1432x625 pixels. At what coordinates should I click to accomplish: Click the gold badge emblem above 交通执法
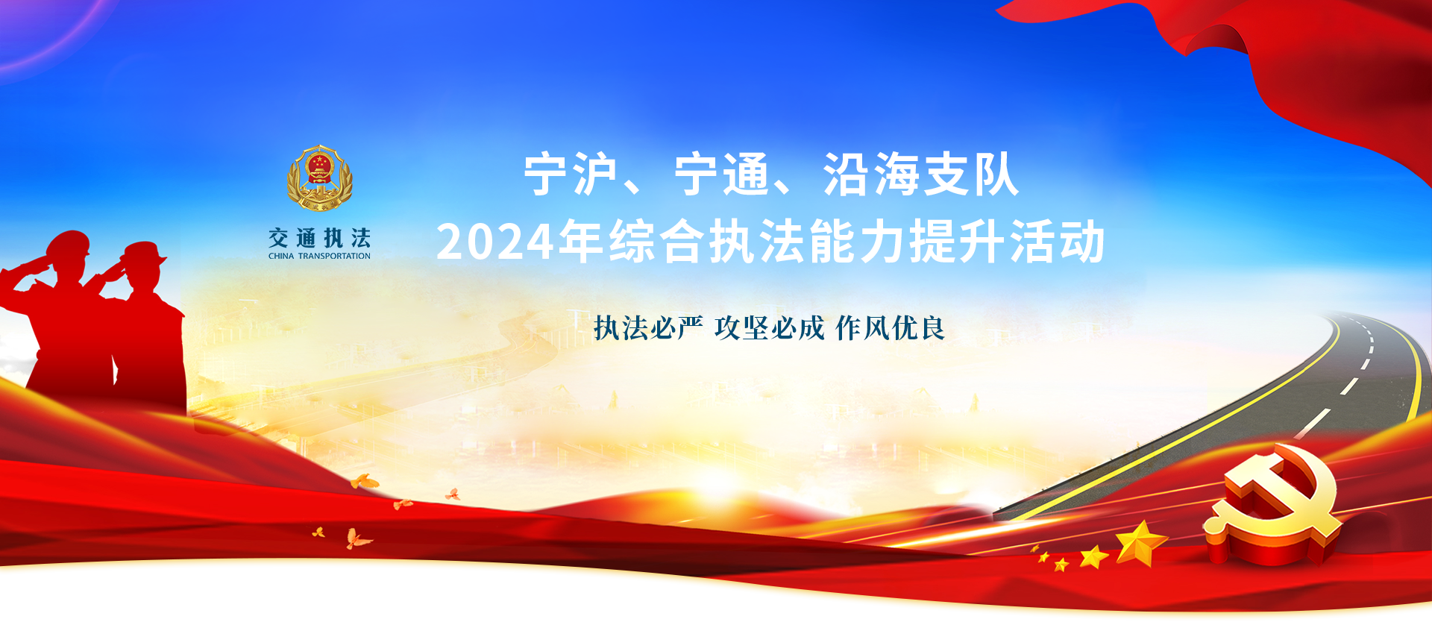(320, 178)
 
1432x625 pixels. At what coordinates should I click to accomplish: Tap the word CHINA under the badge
(281, 256)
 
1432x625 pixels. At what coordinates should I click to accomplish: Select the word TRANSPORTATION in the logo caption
(334, 256)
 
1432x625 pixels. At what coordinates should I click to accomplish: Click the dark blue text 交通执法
(320, 238)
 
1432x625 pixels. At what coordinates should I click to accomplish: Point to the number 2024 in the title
(496, 242)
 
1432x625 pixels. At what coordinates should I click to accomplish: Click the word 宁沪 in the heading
(571, 175)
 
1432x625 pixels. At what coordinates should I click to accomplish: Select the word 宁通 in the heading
(721, 175)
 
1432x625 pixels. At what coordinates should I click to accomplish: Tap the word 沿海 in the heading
(871, 175)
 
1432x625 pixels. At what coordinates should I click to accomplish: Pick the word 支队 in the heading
(970, 175)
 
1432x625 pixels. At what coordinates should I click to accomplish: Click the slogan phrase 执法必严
(648, 327)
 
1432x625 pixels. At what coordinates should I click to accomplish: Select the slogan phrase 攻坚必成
(770, 327)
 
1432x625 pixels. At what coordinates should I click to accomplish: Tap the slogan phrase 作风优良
(891, 327)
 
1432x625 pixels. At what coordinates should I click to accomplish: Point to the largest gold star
(1140, 543)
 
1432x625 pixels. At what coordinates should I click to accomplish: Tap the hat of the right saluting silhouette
(144, 254)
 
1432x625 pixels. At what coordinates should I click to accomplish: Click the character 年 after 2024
(582, 242)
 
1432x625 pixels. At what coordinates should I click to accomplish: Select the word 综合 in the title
(657, 242)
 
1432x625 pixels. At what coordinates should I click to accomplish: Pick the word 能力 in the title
(858, 242)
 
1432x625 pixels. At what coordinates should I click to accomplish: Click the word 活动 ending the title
(1058, 242)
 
